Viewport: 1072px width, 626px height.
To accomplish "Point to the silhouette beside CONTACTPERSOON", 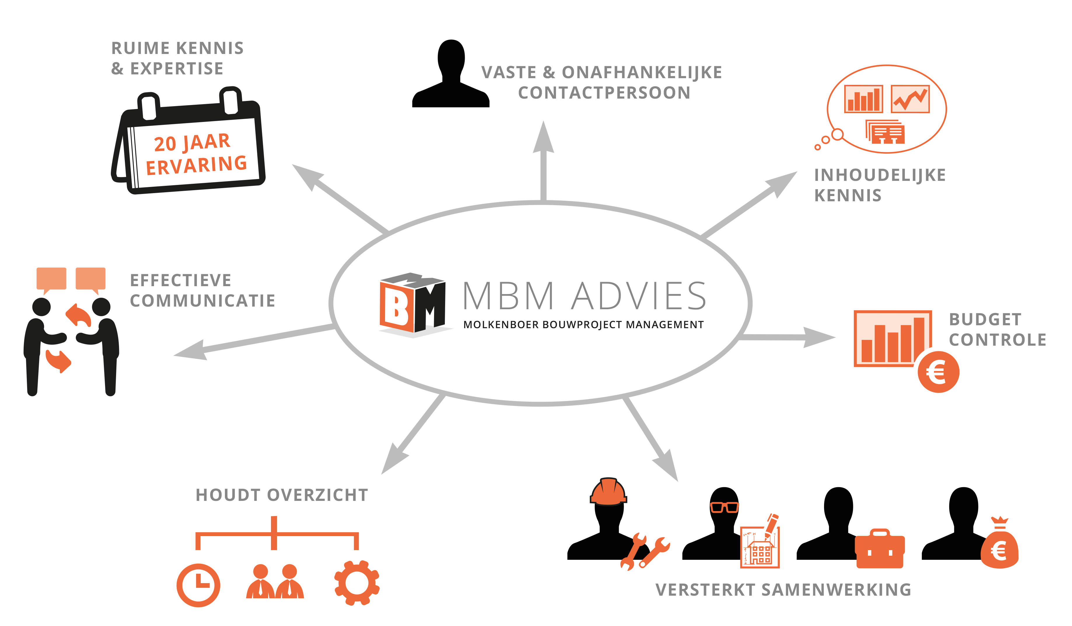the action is [x=451, y=73].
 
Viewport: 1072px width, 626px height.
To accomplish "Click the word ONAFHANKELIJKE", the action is [x=642, y=72].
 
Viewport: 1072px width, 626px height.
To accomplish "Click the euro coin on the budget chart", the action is [x=938, y=372].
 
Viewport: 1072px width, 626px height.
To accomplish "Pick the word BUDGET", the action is [x=985, y=319].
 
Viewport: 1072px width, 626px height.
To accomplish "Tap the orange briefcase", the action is [x=880, y=549].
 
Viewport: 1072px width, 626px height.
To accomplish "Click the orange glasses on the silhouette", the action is [x=725, y=507].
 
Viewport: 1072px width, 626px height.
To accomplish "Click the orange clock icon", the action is [x=198, y=585].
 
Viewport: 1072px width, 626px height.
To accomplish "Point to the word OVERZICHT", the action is [x=318, y=495].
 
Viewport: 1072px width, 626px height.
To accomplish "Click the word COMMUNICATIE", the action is [x=202, y=301].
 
